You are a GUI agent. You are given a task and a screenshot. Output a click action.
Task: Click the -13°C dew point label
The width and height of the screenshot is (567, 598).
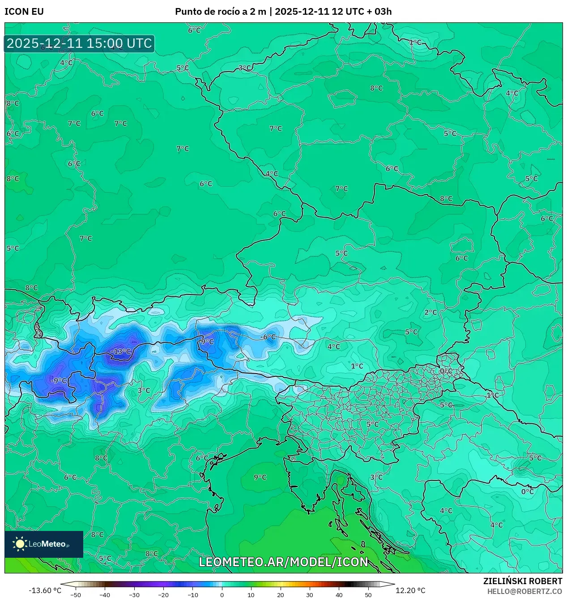click(121, 352)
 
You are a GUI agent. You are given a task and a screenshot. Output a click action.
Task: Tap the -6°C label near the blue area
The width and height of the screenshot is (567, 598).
click(269, 337)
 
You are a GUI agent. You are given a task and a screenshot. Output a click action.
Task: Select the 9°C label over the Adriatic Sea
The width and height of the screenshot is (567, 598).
click(260, 477)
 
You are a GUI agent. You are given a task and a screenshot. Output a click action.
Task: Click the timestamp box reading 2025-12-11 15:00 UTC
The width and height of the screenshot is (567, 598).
click(79, 43)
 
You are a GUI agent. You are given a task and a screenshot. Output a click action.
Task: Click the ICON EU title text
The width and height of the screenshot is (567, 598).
click(24, 12)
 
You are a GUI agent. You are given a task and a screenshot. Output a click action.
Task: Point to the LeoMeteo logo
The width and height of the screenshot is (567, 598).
click(44, 544)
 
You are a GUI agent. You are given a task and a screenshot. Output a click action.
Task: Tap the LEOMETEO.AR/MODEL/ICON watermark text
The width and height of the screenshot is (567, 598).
click(283, 562)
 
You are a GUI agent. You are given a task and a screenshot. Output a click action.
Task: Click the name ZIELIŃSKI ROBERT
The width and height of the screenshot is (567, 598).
click(522, 581)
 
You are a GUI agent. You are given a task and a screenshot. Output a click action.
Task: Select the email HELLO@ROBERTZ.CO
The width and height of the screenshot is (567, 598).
click(524, 591)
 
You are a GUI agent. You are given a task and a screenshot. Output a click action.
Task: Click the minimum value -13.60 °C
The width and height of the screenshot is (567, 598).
click(45, 590)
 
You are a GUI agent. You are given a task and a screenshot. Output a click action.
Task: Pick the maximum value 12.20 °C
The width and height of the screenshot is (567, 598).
click(410, 590)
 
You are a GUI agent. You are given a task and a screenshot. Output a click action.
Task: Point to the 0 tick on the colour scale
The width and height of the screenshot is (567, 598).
click(222, 594)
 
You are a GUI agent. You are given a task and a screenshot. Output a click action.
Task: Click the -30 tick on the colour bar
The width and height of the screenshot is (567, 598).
click(134, 594)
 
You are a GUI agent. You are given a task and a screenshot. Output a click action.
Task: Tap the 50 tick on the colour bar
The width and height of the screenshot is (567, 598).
click(368, 594)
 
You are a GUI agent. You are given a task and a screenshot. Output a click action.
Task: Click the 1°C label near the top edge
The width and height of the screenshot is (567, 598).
click(415, 42)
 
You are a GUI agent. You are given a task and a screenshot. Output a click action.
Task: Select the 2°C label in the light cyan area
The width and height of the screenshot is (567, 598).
click(431, 312)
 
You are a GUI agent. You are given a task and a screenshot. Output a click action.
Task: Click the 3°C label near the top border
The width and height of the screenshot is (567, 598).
click(244, 68)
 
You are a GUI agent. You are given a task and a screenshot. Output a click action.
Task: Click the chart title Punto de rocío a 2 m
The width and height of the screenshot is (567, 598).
click(221, 12)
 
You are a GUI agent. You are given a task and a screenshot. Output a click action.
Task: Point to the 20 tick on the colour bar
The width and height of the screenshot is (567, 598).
click(280, 594)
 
